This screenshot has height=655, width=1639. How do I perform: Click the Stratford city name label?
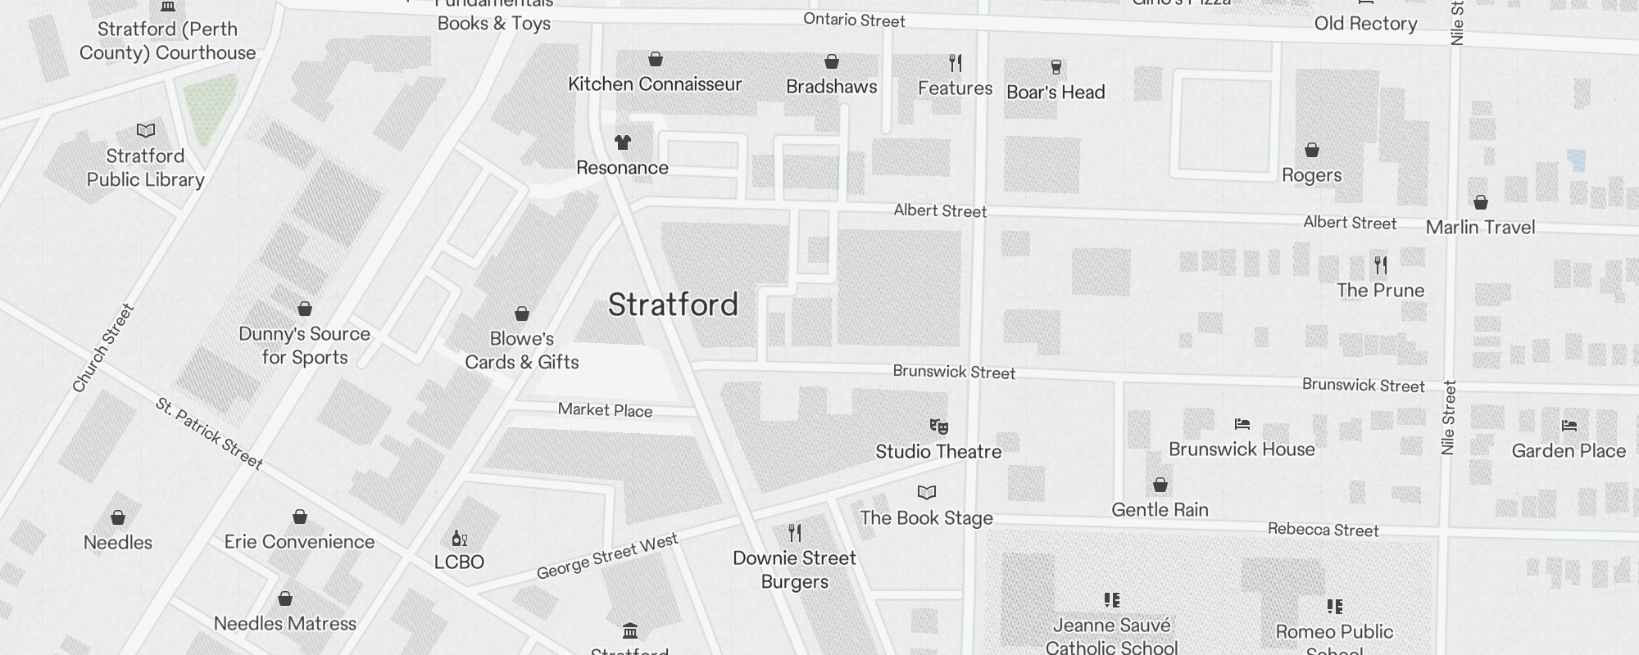(673, 305)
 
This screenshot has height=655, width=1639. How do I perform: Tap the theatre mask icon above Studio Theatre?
(938, 427)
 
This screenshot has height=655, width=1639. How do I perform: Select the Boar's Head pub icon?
(1056, 67)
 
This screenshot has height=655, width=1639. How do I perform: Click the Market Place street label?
(605, 410)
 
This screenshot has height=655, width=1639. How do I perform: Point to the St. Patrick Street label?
(209, 434)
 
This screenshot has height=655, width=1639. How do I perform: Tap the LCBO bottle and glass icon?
(459, 538)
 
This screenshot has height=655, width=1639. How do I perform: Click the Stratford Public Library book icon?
(146, 130)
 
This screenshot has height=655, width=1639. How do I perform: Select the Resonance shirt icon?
(623, 142)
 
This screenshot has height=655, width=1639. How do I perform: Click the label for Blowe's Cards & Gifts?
(522, 350)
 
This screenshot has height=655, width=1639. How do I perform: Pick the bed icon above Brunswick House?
(1242, 424)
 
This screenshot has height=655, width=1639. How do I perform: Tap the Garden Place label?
(1568, 450)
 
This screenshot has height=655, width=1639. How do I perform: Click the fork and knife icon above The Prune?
(1381, 265)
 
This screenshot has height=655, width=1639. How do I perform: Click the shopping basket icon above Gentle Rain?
(1160, 486)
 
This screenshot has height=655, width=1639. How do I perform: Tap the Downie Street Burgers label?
(794, 570)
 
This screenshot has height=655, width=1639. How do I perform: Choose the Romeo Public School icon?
(1334, 607)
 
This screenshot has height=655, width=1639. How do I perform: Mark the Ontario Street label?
(854, 20)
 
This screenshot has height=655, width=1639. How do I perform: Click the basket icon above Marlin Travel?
(1480, 202)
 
